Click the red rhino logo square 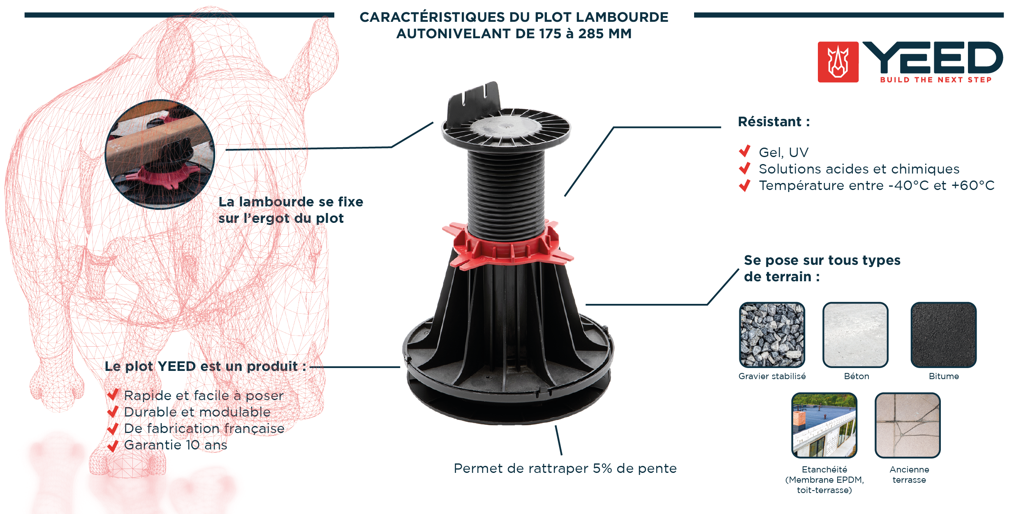(838, 62)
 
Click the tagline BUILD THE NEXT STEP (936, 80)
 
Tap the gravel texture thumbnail (772, 335)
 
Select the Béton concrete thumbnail (855, 335)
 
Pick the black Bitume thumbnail (943, 335)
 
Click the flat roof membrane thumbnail (824, 425)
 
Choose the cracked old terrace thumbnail (908, 425)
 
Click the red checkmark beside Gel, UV (745, 151)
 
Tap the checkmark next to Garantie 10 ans (113, 446)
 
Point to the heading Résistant (774, 122)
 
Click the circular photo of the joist (160, 154)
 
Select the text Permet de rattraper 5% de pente (565, 468)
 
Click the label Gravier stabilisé (772, 376)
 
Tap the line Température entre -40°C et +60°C (877, 185)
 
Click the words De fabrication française (204, 428)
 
